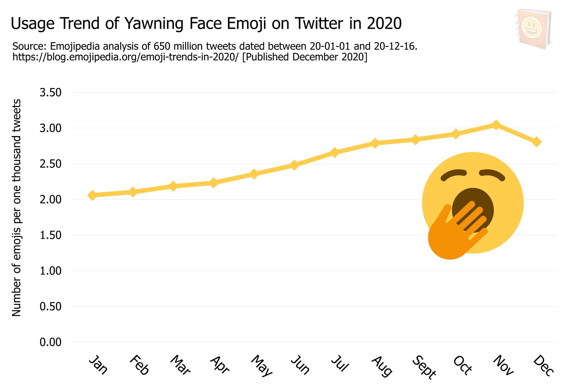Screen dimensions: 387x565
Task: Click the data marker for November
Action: click(x=496, y=125)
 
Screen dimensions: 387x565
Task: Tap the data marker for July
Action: click(x=334, y=152)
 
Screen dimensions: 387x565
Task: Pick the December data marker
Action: click(x=536, y=142)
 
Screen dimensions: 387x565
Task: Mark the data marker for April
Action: click(x=214, y=183)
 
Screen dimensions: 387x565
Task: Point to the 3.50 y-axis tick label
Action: click(x=51, y=93)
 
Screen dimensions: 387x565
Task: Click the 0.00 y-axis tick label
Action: click(x=51, y=342)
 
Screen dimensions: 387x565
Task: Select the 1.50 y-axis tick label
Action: click(x=51, y=235)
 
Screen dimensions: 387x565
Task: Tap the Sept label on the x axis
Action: click(x=424, y=367)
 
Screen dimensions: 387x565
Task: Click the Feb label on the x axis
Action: click(x=140, y=365)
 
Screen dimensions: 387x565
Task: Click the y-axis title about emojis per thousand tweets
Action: click(x=17, y=207)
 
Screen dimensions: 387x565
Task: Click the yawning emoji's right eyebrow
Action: click(x=492, y=174)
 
